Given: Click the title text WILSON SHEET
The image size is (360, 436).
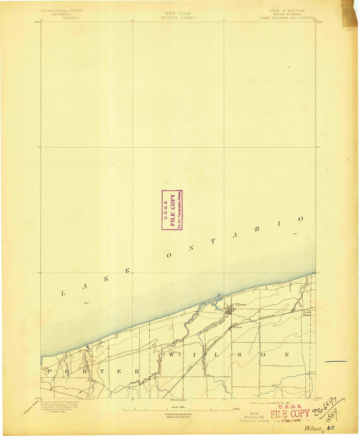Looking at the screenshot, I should [178, 18].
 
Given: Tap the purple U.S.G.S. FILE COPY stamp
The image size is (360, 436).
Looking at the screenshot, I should [172, 210].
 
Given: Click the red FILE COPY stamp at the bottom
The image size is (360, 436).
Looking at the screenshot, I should [290, 413].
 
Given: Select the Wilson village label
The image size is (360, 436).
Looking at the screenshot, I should [240, 304].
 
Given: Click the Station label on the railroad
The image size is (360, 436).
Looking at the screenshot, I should [237, 327].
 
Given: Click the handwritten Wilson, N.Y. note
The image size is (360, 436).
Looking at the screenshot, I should [319, 429].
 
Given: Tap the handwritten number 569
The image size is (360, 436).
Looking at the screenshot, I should [331, 416].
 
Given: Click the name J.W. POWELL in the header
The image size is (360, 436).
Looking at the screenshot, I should [62, 14].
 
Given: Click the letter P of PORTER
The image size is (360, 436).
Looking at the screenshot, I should [50, 371].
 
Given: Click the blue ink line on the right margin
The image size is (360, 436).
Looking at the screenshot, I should [336, 361].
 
